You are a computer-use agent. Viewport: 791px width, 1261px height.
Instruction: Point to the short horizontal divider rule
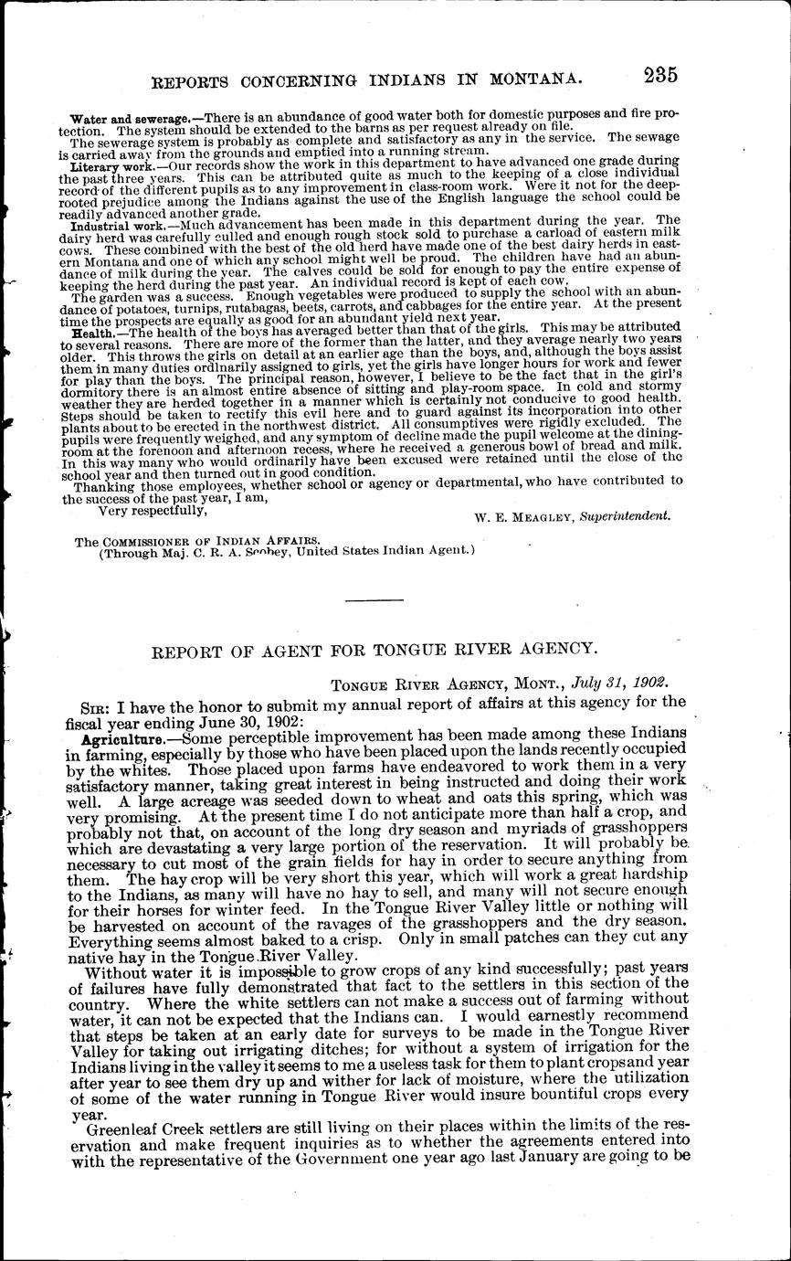click(377, 599)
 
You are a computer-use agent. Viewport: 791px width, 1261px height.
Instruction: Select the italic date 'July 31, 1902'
click(620, 683)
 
